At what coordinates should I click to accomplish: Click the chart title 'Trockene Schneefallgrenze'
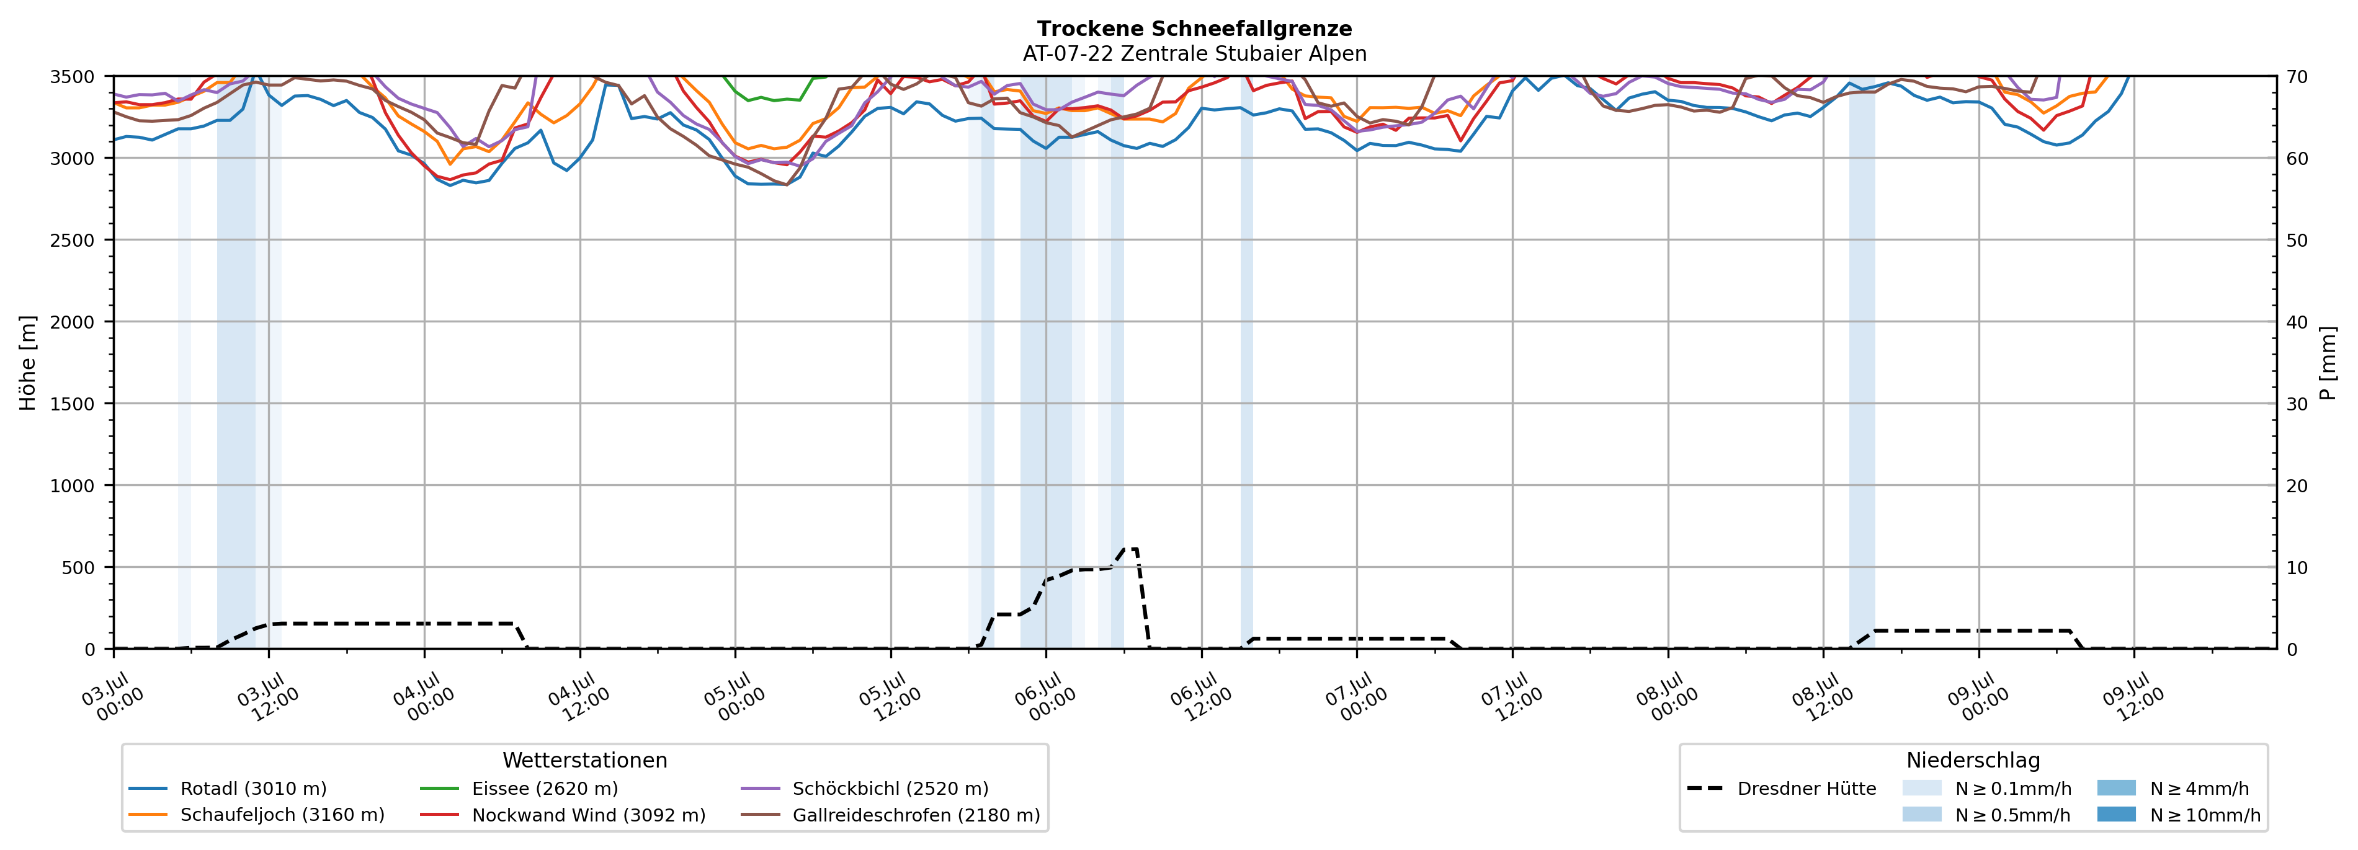[1195, 29]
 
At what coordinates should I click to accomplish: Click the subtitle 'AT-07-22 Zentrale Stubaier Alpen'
[1195, 54]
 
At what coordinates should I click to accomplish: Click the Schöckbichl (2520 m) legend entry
[864, 789]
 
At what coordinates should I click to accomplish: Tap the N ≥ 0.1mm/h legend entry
[1986, 789]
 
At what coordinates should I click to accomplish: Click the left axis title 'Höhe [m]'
[29, 362]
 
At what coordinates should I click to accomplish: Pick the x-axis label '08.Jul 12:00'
[1823, 697]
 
